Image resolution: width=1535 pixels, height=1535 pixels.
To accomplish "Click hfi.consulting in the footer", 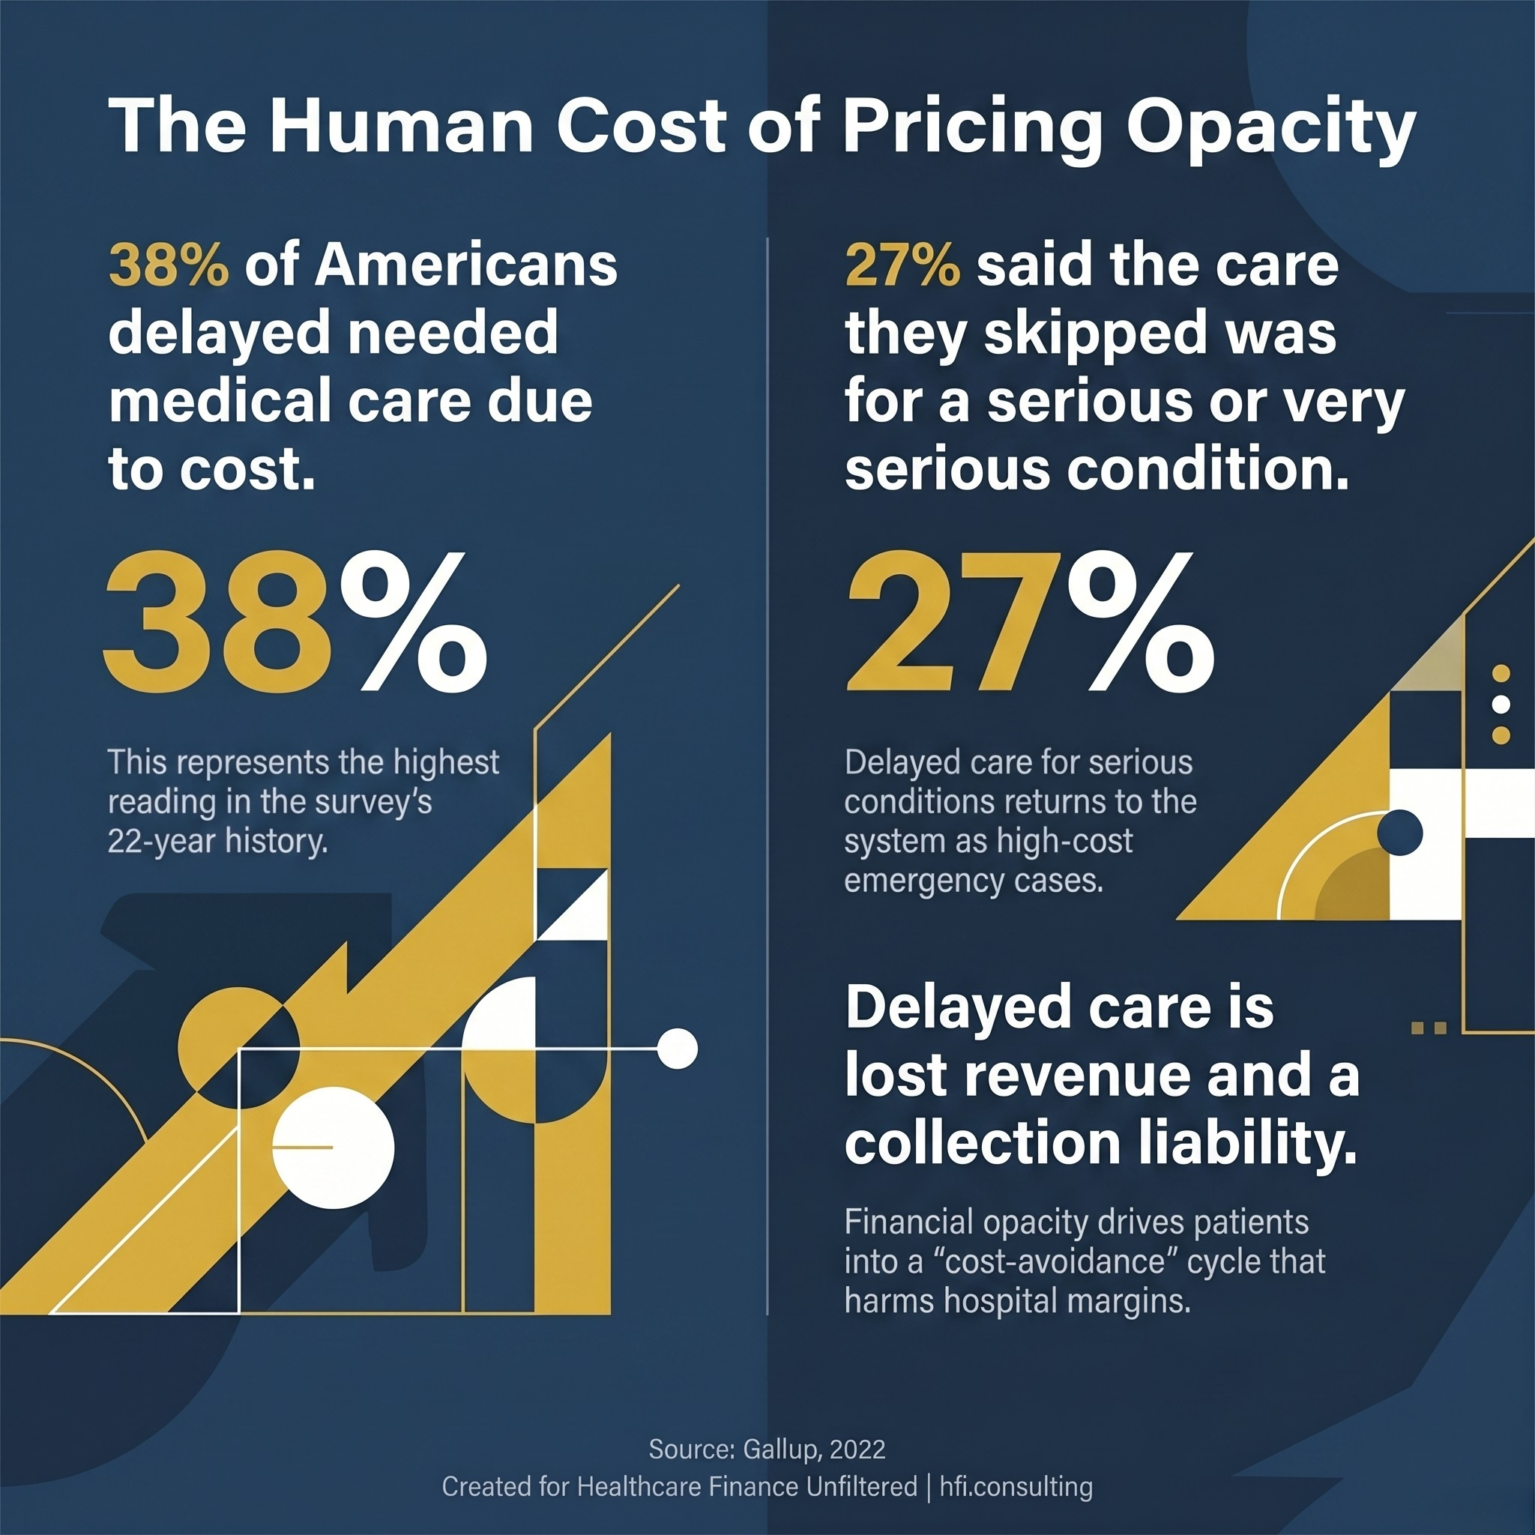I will pyautogui.click(x=1016, y=1486).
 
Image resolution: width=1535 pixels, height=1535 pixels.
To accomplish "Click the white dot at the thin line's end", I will pyautogui.click(x=678, y=1048).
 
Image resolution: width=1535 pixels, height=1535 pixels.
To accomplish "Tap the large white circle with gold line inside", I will pyautogui.click(x=333, y=1148).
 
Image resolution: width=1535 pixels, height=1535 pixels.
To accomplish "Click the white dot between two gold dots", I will pyautogui.click(x=1501, y=704).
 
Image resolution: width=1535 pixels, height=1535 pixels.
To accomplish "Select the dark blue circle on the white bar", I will pyautogui.click(x=1399, y=833).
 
